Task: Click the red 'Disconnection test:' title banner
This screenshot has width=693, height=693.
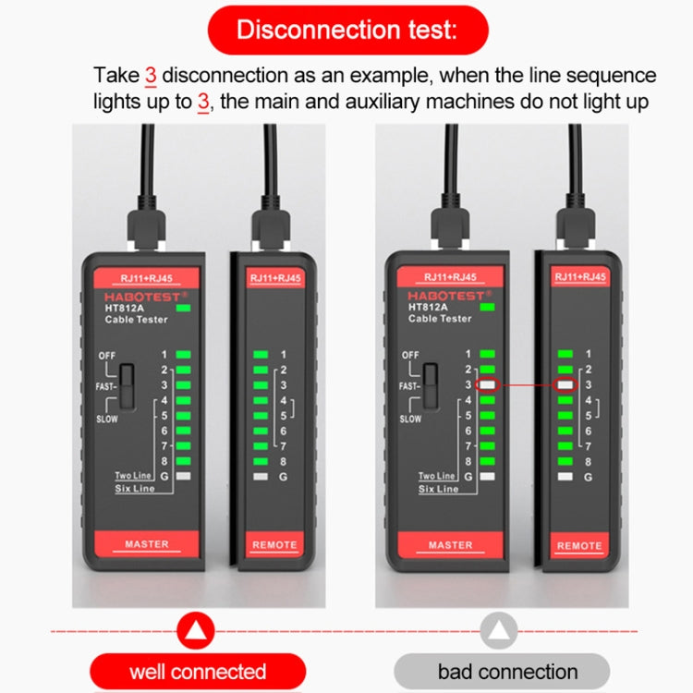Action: click(346, 30)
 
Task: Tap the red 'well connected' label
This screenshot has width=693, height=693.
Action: click(198, 672)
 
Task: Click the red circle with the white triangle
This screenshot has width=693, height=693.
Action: click(197, 630)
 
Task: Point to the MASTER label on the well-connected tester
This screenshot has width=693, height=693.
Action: click(147, 544)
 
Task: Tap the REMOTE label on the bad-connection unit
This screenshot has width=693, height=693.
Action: click(579, 546)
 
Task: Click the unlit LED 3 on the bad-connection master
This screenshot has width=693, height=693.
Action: click(487, 384)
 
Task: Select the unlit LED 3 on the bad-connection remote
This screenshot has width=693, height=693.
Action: click(565, 384)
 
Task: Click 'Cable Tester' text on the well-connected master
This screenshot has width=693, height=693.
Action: click(138, 319)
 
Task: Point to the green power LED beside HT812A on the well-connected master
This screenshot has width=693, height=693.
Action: click(190, 307)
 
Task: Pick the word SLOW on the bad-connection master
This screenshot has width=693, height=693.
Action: click(410, 419)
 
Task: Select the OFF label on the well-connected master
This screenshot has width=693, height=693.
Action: click(108, 355)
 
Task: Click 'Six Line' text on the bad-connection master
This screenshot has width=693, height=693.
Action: click(438, 489)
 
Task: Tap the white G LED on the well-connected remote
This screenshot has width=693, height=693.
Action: click(261, 477)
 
